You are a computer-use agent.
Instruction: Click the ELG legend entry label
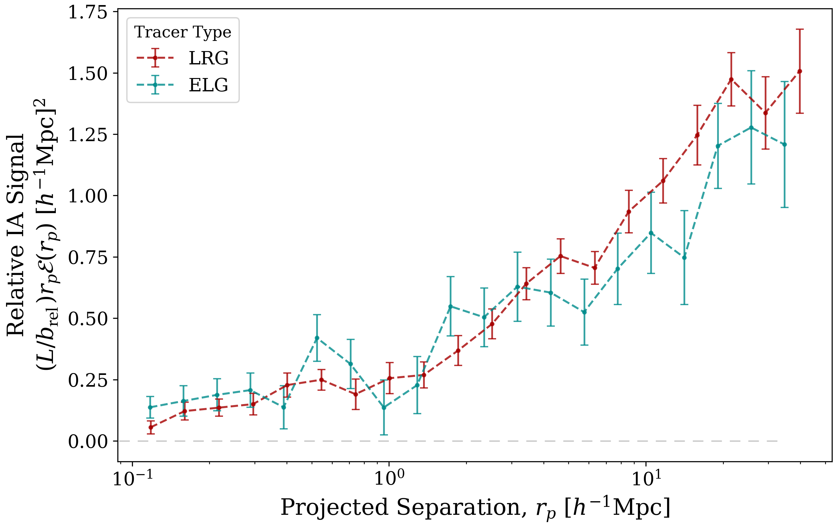(208, 85)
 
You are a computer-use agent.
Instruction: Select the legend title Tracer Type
(183, 32)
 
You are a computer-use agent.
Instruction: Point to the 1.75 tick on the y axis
(88, 13)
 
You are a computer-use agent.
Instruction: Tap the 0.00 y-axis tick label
(88, 441)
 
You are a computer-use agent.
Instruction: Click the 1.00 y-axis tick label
(88, 196)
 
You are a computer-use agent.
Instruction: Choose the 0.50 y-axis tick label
(88, 318)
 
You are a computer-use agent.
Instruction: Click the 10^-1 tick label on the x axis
(133, 480)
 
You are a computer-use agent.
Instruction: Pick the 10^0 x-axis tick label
(389, 480)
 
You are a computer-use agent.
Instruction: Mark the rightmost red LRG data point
(799, 71)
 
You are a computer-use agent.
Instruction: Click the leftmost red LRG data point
(150, 427)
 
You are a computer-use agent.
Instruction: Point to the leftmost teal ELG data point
(150, 407)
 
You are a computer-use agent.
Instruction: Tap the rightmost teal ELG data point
(784, 145)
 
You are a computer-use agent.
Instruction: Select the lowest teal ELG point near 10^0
(383, 408)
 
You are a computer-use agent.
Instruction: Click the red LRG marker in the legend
(155, 58)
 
